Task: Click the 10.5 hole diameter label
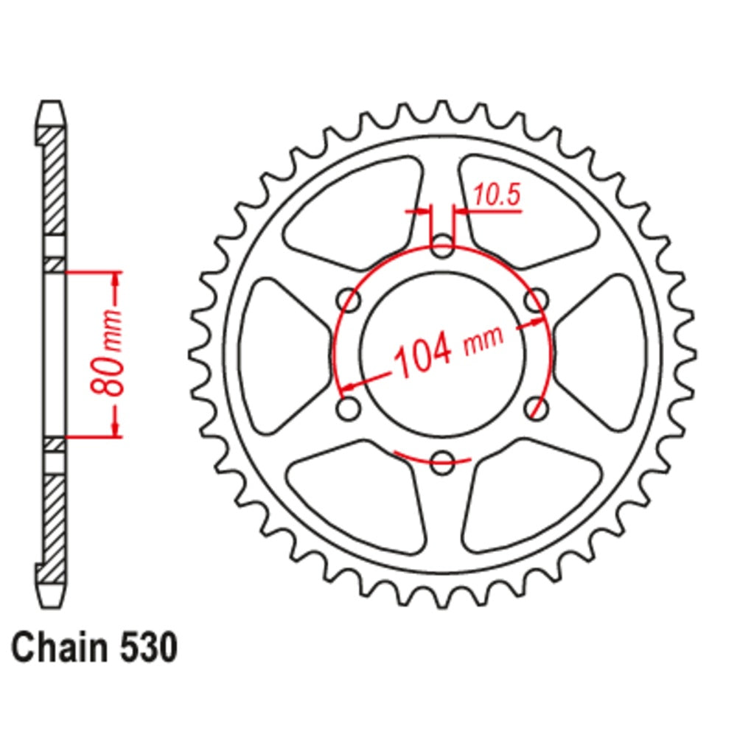pos(496,195)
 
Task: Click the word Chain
pos(56,648)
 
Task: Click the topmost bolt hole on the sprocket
pos(442,247)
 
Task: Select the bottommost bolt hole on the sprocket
pos(442,464)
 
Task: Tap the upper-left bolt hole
pos(349,301)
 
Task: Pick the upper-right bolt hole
pos(537,301)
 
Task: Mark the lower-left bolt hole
pos(349,409)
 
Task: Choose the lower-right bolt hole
pos(537,409)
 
